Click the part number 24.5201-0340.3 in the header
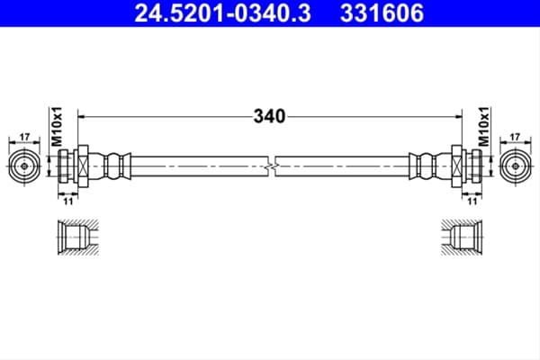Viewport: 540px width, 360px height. [x=222, y=13]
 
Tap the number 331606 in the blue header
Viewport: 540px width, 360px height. [x=382, y=13]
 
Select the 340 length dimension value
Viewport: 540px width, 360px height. [x=269, y=116]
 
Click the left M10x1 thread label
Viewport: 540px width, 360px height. [x=57, y=126]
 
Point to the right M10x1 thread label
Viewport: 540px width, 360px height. [x=483, y=126]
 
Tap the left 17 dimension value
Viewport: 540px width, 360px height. [x=24, y=137]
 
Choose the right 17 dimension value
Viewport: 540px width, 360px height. [x=515, y=137]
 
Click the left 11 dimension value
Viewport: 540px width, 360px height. [x=68, y=202]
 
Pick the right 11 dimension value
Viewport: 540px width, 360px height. [x=472, y=202]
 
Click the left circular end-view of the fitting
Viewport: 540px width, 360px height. [x=24, y=166]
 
